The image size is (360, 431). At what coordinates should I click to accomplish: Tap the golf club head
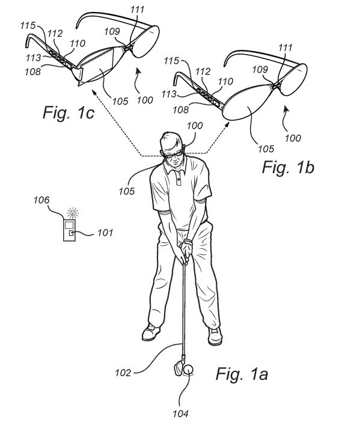pyautogui.click(x=179, y=365)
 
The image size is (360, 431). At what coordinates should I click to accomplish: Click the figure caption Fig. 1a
pyautogui.click(x=242, y=374)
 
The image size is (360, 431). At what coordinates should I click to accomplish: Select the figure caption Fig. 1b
pyautogui.click(x=288, y=167)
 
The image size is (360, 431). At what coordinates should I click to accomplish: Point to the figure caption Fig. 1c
pyautogui.click(x=69, y=112)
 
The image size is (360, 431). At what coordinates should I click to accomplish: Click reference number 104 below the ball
pyautogui.click(x=180, y=414)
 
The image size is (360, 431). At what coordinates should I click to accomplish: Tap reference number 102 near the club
pyautogui.click(x=123, y=373)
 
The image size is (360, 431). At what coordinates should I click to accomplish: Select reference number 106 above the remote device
pyautogui.click(x=42, y=200)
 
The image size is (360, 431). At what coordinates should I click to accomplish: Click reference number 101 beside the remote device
pyautogui.click(x=105, y=233)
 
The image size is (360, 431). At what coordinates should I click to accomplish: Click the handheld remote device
pyautogui.click(x=69, y=230)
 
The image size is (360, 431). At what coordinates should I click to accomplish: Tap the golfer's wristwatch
pyautogui.click(x=188, y=242)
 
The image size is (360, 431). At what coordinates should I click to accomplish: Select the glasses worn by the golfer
pyautogui.click(x=172, y=154)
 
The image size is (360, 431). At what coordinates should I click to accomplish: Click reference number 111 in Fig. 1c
pyautogui.click(x=137, y=10)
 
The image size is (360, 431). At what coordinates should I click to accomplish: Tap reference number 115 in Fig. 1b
pyautogui.click(x=171, y=61)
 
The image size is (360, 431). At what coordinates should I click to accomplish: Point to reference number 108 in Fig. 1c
pyautogui.click(x=32, y=72)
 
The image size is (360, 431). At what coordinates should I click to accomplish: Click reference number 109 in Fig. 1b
pyautogui.click(x=260, y=69)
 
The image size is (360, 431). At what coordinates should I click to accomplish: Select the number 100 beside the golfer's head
pyautogui.click(x=195, y=126)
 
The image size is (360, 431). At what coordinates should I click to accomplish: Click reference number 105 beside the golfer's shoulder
pyautogui.click(x=127, y=191)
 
